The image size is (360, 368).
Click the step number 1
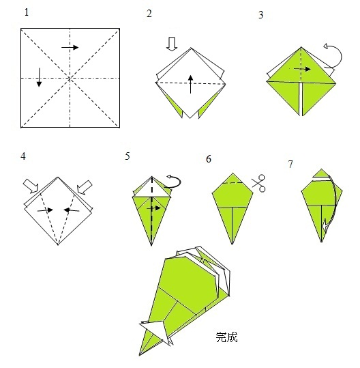click(27, 12)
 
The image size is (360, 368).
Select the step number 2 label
click(149, 14)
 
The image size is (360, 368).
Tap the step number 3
click(261, 15)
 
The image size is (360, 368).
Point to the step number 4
click(23, 156)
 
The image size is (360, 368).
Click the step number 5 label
click(127, 156)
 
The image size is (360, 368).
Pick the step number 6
click(209, 159)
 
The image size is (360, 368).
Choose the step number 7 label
click(290, 165)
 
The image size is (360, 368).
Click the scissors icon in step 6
click(259, 183)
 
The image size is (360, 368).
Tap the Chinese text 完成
click(226, 337)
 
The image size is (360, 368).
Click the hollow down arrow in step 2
click(172, 44)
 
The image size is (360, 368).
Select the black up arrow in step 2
click(190, 84)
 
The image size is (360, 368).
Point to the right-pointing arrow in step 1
click(70, 47)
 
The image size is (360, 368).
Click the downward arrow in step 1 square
click(39, 77)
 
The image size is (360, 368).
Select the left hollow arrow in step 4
click(31, 186)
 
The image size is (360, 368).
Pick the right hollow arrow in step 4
click(85, 187)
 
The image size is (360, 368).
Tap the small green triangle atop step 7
click(321, 173)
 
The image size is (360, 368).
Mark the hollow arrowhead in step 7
click(325, 225)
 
